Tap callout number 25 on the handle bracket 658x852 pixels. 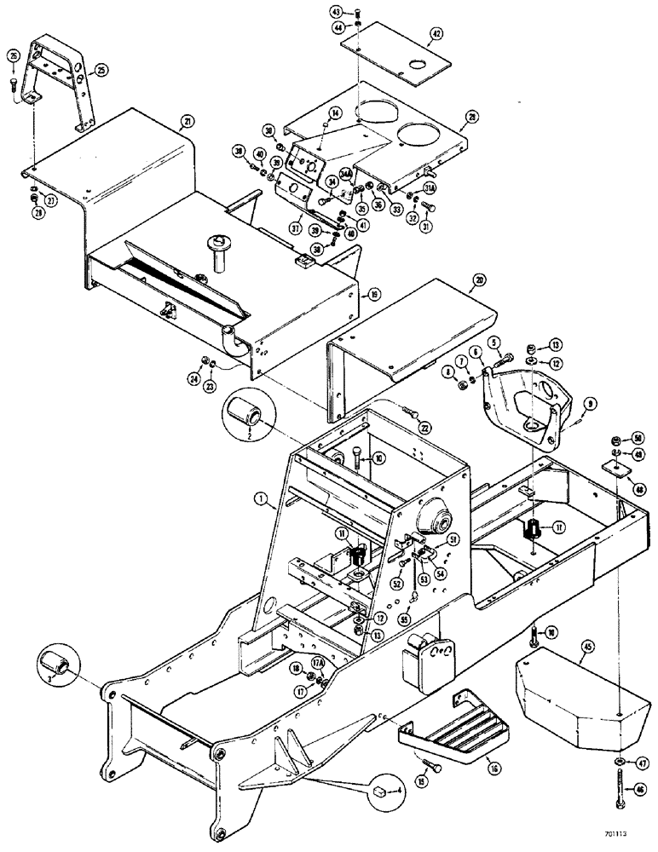[x=101, y=68]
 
